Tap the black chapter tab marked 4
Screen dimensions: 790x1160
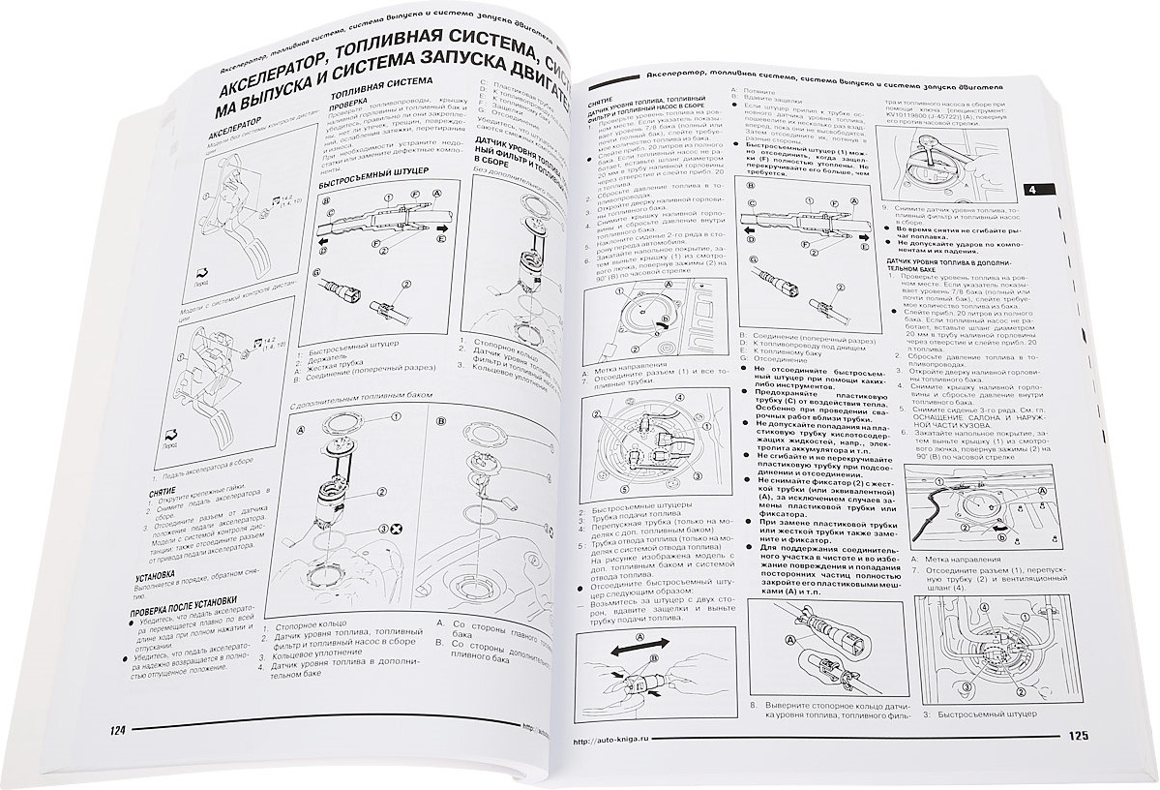click(1032, 191)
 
